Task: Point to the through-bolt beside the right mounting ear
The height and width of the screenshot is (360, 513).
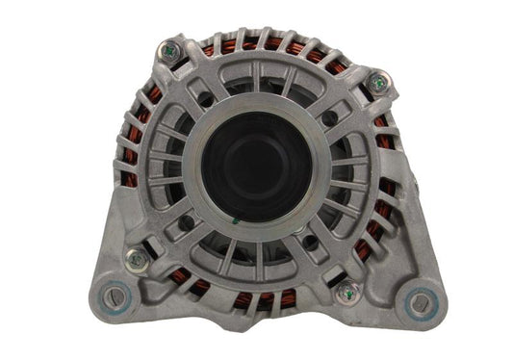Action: tap(346, 293)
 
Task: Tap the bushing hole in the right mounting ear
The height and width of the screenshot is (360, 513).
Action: tap(422, 304)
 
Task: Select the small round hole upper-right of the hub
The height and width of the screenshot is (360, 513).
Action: tap(330, 118)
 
